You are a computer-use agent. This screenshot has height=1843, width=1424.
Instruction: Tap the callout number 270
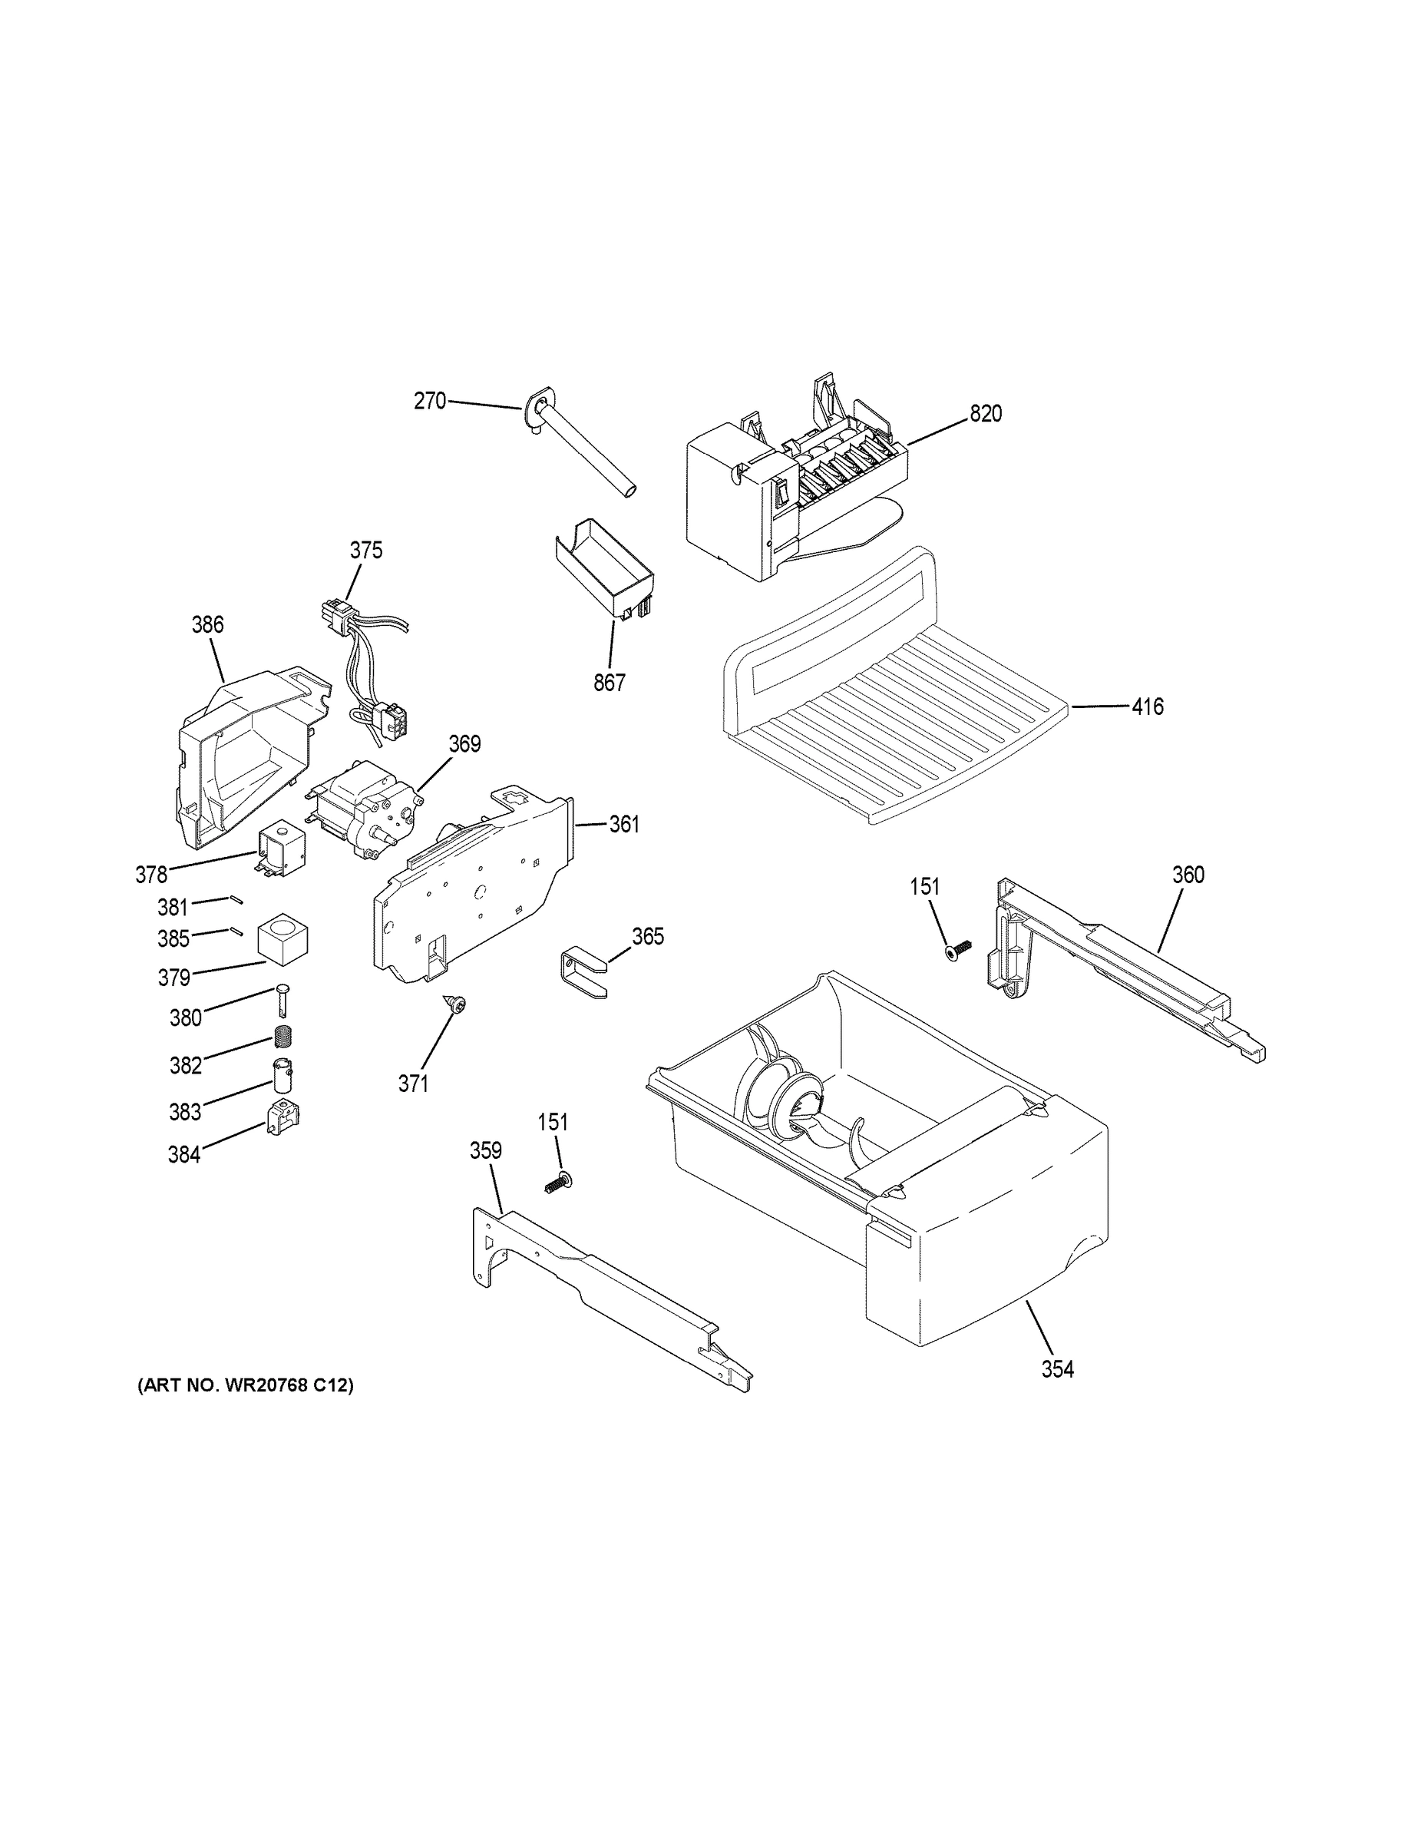429,401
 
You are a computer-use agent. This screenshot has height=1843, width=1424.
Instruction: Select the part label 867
609,683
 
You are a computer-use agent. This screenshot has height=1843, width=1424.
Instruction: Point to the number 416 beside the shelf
1148,706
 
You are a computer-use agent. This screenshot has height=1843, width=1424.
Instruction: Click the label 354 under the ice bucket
1057,1370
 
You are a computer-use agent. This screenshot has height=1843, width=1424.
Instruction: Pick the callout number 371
413,1084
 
